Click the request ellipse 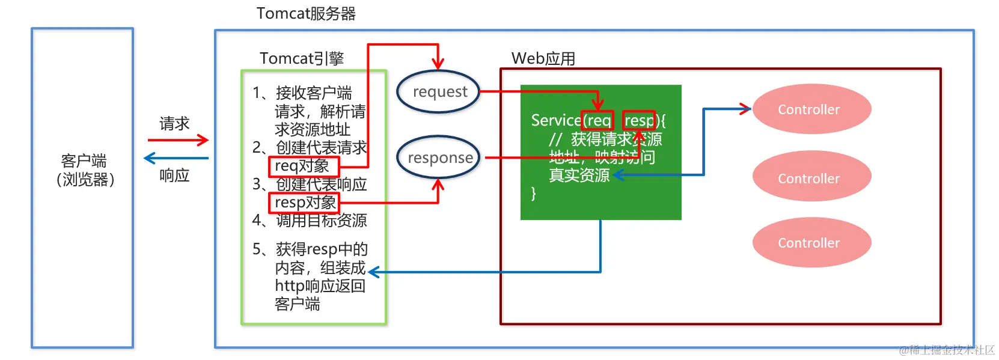(439, 92)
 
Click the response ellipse (439, 157)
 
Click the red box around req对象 (304, 166)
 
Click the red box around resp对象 (304, 203)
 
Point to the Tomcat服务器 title (306, 13)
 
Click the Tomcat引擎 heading (302, 58)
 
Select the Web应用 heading (543, 58)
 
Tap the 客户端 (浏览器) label (84, 170)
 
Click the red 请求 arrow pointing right (178, 140)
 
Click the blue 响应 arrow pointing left (176, 158)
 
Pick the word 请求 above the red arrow (174, 124)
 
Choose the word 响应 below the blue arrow (174, 175)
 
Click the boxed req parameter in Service (598, 121)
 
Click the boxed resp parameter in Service (638, 121)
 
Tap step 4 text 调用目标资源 (321, 221)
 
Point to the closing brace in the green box (533, 194)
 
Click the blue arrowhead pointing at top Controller (746, 109)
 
